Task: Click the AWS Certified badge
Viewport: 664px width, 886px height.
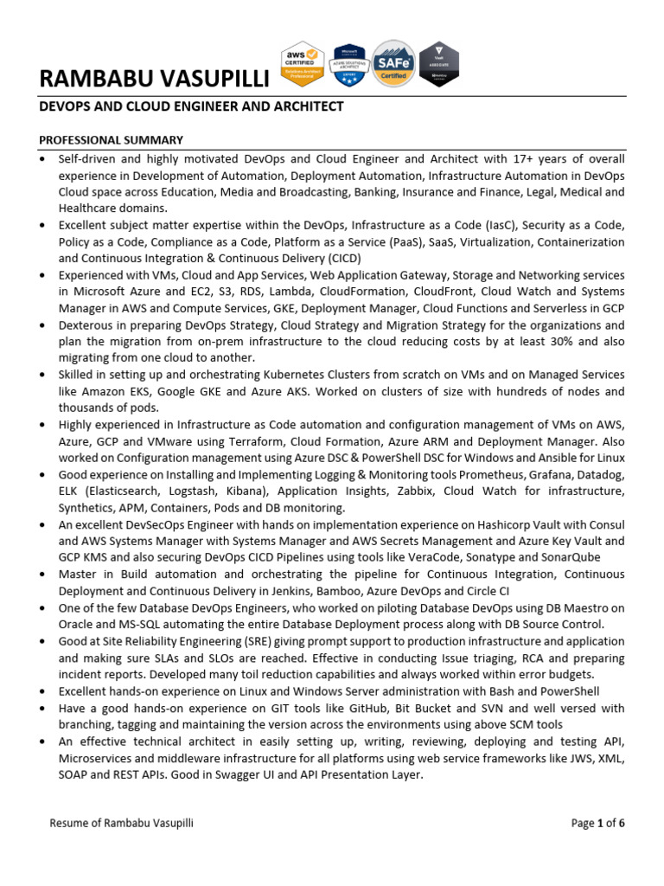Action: click(x=303, y=64)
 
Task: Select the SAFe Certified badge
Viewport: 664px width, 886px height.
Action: click(x=393, y=64)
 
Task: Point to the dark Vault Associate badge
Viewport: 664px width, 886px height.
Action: click(x=439, y=64)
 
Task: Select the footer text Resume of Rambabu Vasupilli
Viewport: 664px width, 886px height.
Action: click(x=122, y=823)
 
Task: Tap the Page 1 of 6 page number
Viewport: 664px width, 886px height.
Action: click(x=597, y=823)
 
